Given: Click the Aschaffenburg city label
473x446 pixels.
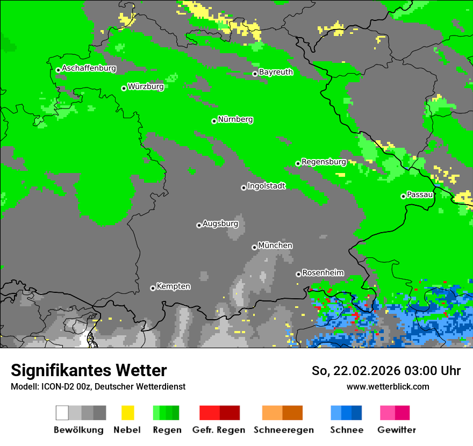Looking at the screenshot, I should coord(89,68).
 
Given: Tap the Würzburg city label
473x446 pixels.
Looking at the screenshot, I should coord(146,87).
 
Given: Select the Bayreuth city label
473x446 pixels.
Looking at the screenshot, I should coord(276,72).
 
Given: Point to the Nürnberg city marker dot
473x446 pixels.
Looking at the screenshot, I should coord(214,121).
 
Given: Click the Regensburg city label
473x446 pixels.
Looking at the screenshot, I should coord(324,162).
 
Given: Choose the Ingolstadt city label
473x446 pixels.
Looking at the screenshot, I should coord(266,186).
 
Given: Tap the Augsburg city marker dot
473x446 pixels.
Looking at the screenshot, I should coord(199,225).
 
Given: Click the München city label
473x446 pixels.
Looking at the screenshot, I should coord(275,246).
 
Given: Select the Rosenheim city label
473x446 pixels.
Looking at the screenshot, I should coord(322,273).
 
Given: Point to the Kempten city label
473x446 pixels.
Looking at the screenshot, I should coord(173,286).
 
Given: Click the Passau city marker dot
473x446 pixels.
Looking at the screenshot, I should coord(403,196).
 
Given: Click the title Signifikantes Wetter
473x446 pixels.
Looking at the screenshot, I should coord(89,371).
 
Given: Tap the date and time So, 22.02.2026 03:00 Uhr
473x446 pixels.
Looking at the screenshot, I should coord(386,371).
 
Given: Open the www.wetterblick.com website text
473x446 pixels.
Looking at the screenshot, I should coord(388,387).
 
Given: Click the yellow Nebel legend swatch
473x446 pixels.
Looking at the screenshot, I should coord(127,413).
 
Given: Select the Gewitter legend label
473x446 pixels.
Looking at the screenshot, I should coord(396,430).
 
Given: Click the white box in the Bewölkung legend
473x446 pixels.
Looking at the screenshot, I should coord(62,413).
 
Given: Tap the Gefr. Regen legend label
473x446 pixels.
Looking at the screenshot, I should coord(218,430).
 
